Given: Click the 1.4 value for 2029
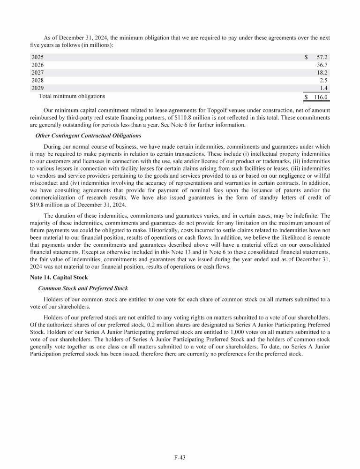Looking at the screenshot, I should click(x=323, y=88).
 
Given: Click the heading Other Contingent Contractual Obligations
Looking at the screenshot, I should click(x=89, y=136).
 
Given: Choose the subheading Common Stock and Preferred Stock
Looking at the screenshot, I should click(x=82, y=288).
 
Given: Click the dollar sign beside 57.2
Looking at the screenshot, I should click(x=306, y=57).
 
